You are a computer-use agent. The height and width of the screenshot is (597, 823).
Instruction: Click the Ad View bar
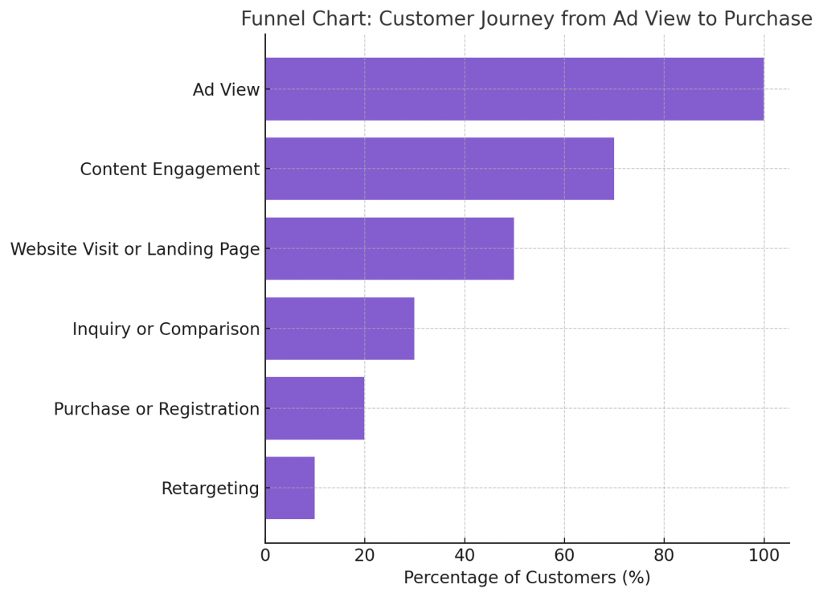pyautogui.click(x=514, y=89)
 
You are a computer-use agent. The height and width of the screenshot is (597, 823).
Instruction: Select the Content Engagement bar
pyautogui.click(x=440, y=169)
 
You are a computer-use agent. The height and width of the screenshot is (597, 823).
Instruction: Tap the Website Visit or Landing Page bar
pyautogui.click(x=390, y=248)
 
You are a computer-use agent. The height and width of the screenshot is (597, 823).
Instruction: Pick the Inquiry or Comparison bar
pyautogui.click(x=340, y=329)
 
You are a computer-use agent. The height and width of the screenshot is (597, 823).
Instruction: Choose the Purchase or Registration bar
pyautogui.click(x=315, y=408)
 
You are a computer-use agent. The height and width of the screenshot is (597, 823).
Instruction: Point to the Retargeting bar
pyautogui.click(x=290, y=488)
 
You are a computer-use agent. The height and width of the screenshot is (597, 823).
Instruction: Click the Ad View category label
pyautogui.click(x=226, y=90)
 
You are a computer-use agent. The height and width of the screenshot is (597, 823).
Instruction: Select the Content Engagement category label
pyautogui.click(x=170, y=170)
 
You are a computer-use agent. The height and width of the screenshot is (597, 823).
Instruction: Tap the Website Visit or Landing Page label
pyautogui.click(x=135, y=249)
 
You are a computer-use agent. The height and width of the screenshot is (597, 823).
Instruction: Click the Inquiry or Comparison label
pyautogui.click(x=166, y=329)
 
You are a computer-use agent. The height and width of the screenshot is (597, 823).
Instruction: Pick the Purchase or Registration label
pyautogui.click(x=157, y=409)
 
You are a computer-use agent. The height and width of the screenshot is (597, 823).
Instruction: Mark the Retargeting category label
pyautogui.click(x=211, y=489)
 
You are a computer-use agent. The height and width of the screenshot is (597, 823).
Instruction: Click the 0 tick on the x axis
pyautogui.click(x=265, y=555)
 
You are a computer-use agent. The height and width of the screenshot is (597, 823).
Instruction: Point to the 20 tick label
pyautogui.click(x=365, y=555)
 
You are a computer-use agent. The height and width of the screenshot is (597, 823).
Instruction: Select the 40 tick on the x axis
pyautogui.click(x=465, y=555)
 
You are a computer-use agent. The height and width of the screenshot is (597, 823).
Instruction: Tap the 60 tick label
pyautogui.click(x=564, y=555)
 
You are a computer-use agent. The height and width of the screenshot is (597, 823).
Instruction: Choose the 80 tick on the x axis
pyautogui.click(x=664, y=555)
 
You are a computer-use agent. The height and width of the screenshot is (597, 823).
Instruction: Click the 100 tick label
pyautogui.click(x=764, y=555)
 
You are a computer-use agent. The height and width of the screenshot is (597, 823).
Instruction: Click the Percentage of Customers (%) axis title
pyautogui.click(x=526, y=578)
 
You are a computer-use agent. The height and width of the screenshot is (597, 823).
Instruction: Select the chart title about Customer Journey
pyautogui.click(x=526, y=19)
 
